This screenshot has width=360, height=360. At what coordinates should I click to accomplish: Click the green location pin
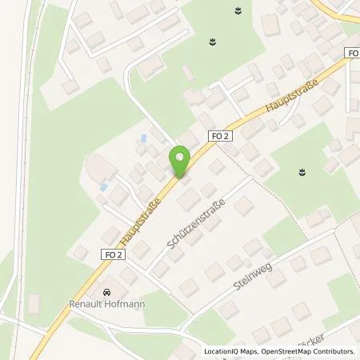180,161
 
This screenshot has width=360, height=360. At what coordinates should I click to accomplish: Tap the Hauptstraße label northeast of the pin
294,94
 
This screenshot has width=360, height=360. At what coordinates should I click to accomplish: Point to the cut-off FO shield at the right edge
354,53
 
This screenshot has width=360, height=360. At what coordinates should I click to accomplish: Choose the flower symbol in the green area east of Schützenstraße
302,170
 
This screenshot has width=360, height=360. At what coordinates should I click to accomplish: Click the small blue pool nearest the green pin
143,138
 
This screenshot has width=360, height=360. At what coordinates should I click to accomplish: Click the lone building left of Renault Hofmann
34,305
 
